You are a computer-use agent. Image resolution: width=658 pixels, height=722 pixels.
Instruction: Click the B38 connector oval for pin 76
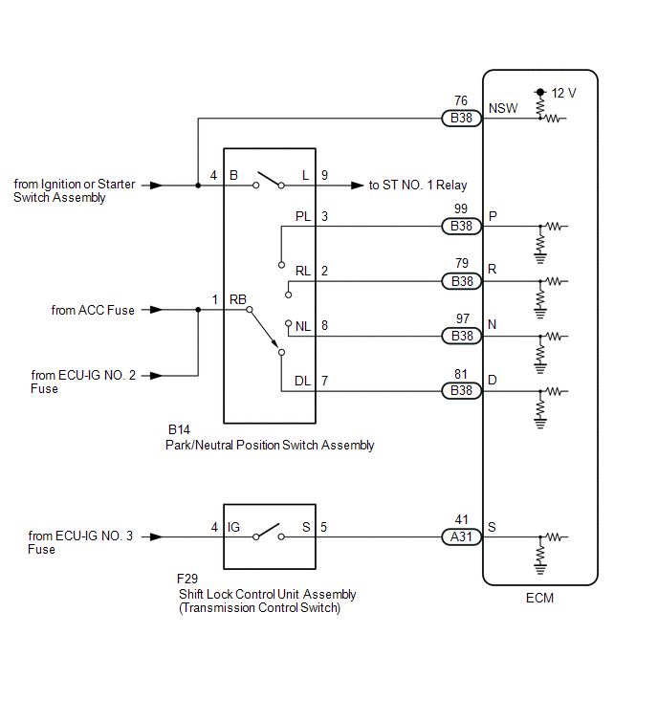coord(461,119)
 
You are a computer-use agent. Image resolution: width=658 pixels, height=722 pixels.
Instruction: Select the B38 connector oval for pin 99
coord(461,226)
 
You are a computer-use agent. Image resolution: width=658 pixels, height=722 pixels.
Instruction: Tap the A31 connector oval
coord(461,536)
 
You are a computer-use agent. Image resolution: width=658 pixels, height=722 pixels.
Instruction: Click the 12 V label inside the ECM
coord(563,94)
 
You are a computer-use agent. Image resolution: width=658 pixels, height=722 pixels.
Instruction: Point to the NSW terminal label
coord(503,108)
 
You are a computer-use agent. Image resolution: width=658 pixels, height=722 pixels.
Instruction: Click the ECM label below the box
coord(539,598)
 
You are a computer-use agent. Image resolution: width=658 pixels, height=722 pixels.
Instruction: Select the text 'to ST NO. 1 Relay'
coord(418,186)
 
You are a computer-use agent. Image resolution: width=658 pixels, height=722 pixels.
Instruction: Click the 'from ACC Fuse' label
coord(93,311)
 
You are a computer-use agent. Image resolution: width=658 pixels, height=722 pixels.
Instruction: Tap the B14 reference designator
coord(179,429)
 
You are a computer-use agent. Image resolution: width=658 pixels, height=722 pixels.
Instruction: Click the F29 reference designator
coord(186,579)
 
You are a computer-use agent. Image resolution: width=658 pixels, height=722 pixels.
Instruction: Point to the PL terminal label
coord(303,216)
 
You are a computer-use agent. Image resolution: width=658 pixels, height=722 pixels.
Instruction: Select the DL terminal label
coord(302,381)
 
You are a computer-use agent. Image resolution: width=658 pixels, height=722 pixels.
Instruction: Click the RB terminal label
coord(237,299)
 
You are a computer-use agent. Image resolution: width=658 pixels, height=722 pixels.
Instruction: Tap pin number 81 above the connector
coord(461,374)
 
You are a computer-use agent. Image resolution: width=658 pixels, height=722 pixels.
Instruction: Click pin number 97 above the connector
coord(463,318)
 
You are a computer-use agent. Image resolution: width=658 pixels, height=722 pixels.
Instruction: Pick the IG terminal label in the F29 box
coord(233,527)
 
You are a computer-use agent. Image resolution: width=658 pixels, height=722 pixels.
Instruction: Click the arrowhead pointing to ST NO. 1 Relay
coord(358,186)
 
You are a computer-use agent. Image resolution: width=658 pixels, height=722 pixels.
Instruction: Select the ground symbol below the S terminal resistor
coord(540,569)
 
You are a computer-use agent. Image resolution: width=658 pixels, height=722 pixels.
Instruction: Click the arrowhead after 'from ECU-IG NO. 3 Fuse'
coord(157,536)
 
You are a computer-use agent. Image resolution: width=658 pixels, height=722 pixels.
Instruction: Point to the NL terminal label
coord(303,326)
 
